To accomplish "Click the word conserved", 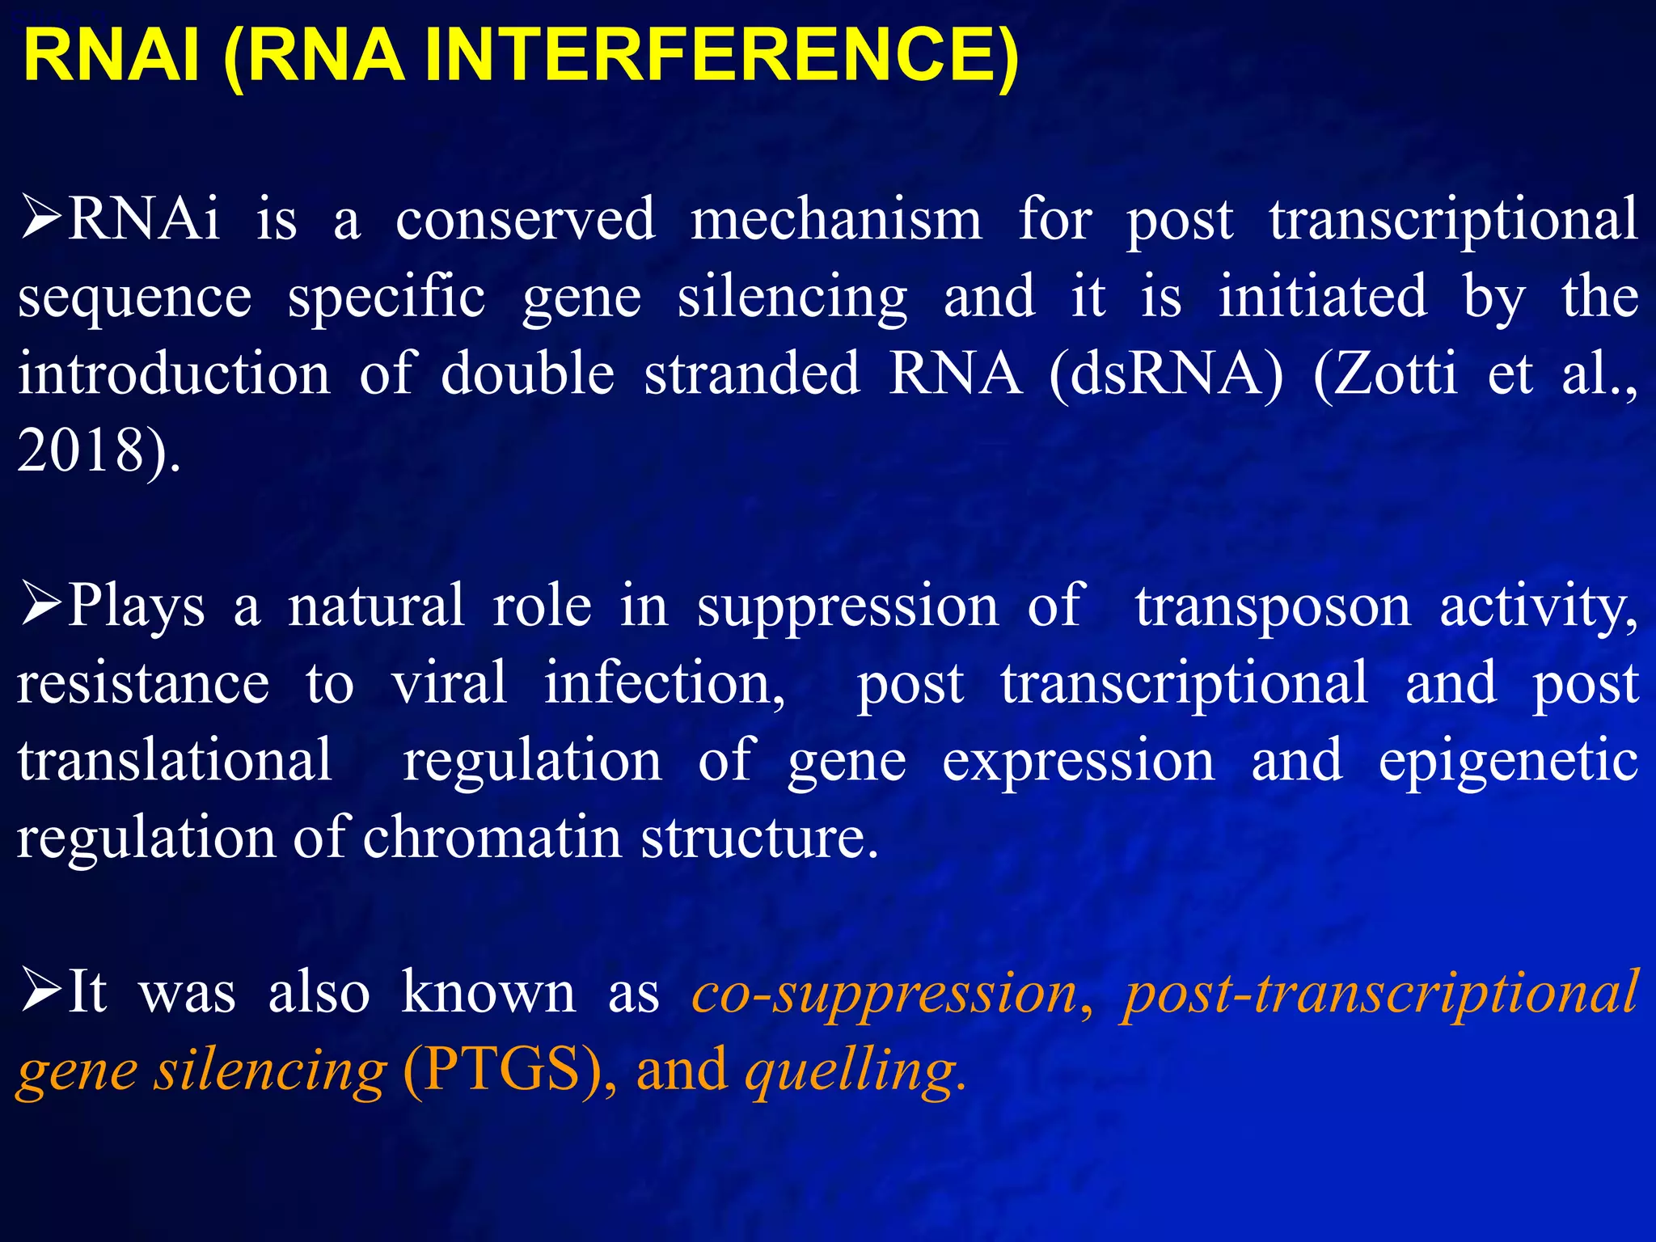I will tap(525, 220).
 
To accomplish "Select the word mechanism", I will tap(836, 220).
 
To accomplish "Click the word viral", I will tap(450, 683).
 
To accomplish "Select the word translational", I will tap(175, 760).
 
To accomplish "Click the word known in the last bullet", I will tap(488, 993).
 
